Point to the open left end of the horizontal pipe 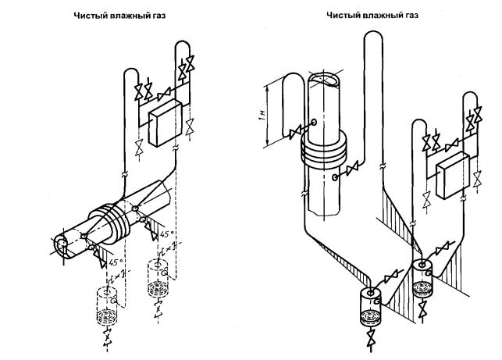coord(60,244)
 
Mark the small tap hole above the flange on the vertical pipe coord(312,123)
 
